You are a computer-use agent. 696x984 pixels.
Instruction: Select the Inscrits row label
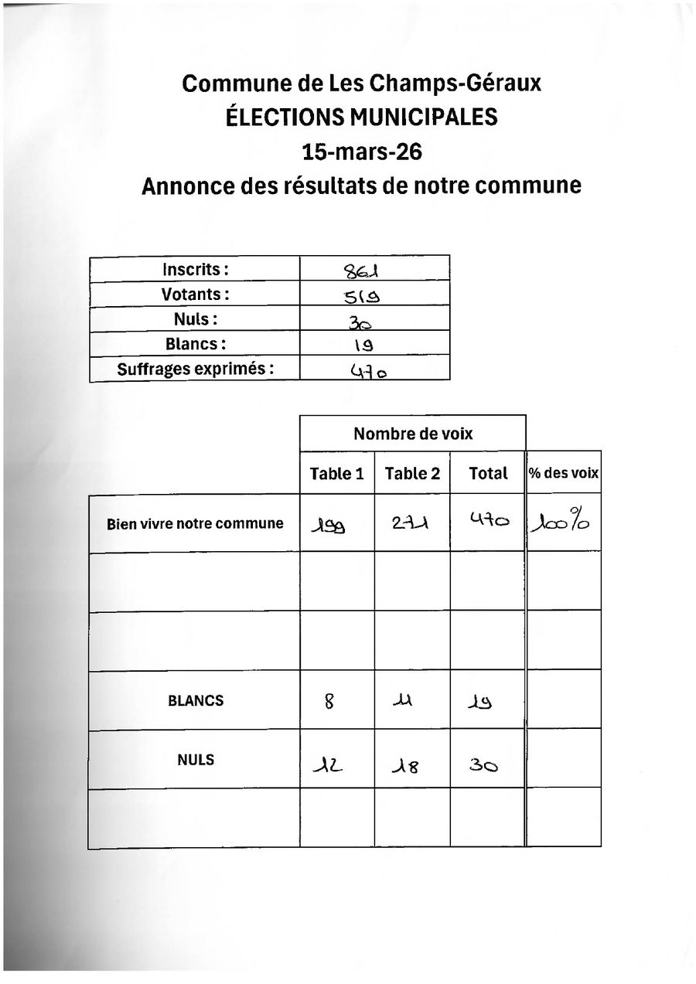point(195,269)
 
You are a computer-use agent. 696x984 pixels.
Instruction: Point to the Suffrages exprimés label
point(195,369)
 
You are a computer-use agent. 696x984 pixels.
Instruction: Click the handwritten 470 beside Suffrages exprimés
point(370,371)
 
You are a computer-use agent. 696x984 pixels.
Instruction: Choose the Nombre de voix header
point(413,434)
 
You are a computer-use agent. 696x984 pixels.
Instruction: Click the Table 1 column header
point(336,474)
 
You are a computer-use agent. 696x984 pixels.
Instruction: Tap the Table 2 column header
point(412,474)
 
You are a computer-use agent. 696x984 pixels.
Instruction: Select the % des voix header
point(564,473)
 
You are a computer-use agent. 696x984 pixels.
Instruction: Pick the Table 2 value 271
point(411,525)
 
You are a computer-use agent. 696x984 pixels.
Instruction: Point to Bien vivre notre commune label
point(195,523)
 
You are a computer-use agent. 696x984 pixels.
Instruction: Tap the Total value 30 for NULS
point(483,765)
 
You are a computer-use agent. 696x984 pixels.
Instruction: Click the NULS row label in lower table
point(196,760)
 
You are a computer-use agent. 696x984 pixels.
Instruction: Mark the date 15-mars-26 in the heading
point(362,152)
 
